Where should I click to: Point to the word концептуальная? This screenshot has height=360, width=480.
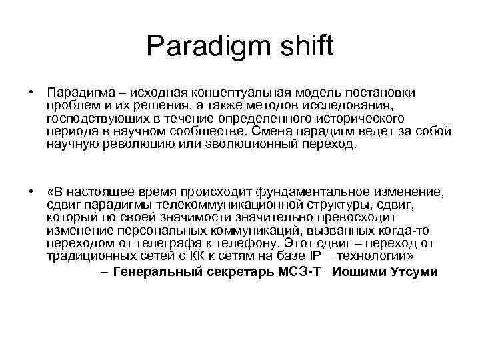pyautogui.click(x=238, y=92)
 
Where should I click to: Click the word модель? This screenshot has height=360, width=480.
pyautogui.click(x=318, y=92)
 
